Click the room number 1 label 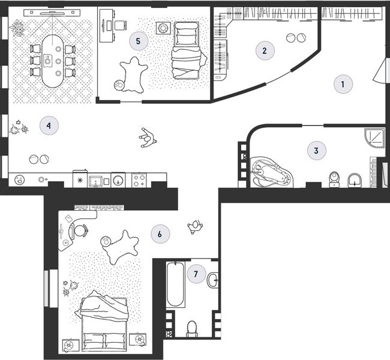point(343,84)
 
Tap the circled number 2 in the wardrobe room point(265,50)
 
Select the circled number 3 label point(316,151)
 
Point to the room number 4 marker point(49,125)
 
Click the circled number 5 point(139,41)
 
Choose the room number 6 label point(160,234)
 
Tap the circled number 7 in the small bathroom point(196,274)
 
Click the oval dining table point(53,61)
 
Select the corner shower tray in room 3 point(374,139)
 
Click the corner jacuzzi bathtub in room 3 point(272,172)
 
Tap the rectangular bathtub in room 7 point(176,284)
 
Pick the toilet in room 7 point(192,329)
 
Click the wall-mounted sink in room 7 point(213,280)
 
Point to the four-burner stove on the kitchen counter point(139,181)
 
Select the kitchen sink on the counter point(96,181)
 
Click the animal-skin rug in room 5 point(134,75)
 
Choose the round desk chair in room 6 point(80,230)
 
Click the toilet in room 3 point(334,179)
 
